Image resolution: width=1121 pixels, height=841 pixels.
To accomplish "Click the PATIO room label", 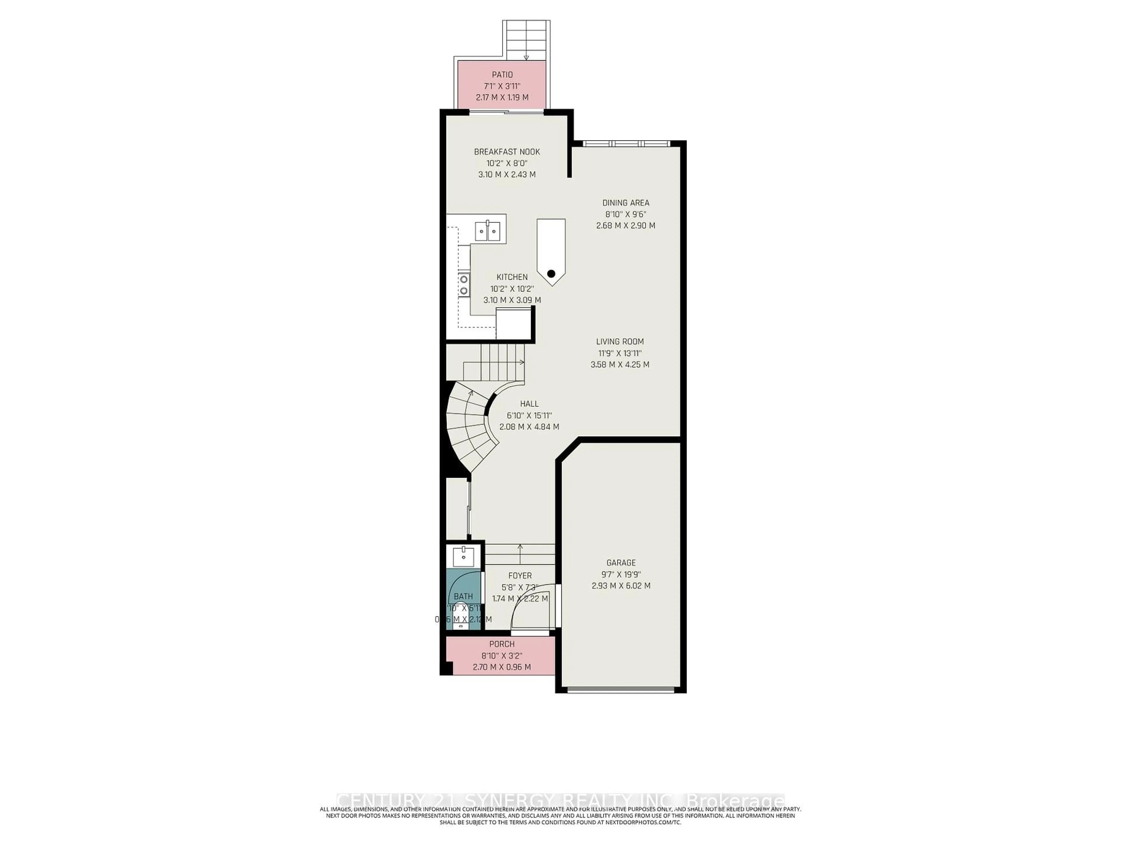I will click(502, 74).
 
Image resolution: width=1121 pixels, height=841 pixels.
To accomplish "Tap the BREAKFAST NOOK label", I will click(507, 152).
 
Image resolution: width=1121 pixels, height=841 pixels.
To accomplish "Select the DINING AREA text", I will click(625, 203).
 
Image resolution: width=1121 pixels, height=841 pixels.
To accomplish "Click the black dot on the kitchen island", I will click(551, 274).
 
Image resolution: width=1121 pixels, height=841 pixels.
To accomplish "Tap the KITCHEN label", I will click(512, 277).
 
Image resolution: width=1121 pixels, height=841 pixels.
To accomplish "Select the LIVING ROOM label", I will click(620, 342).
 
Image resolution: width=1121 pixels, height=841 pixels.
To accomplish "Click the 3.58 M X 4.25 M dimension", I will click(620, 364).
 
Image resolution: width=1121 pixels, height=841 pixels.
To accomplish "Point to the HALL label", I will click(529, 404).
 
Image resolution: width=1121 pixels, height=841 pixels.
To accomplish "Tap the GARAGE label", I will click(621, 563).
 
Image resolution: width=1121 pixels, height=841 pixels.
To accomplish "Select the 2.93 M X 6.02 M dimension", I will click(621, 585).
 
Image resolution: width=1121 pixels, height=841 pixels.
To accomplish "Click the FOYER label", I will click(520, 576).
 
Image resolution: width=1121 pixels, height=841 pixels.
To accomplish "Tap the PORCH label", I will click(502, 644).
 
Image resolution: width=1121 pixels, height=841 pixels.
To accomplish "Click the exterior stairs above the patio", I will click(526, 41).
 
